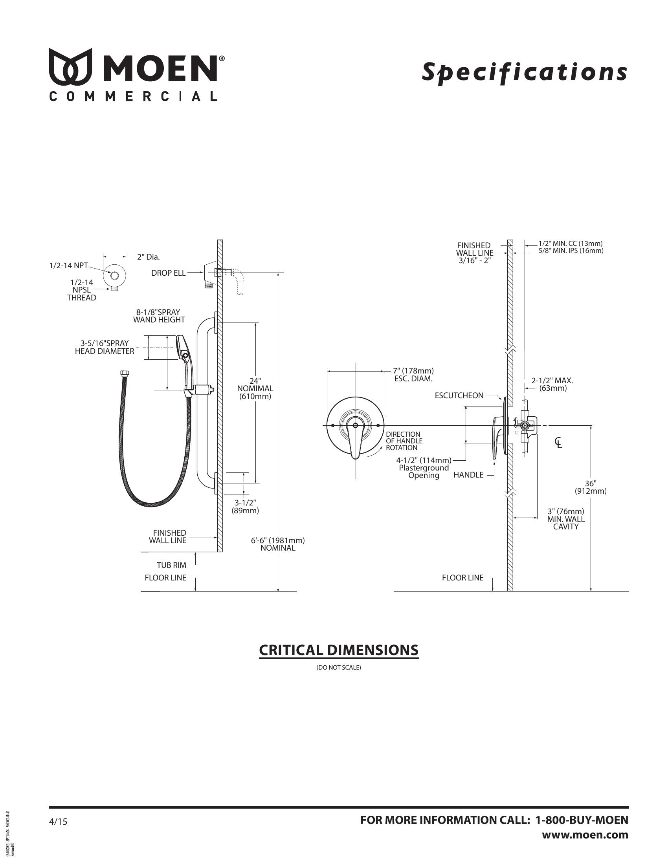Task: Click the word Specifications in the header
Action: pos(524,72)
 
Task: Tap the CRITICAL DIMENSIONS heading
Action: pos(338,650)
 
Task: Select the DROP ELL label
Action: pos(168,273)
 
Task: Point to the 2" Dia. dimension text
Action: pos(149,257)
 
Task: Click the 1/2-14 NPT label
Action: pos(68,265)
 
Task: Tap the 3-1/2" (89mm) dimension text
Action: pos(245,506)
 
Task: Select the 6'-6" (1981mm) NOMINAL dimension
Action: pos(278,544)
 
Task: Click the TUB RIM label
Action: pos(171,565)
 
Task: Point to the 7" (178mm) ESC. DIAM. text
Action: pos(413,375)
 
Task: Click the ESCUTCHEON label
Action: pos(459,395)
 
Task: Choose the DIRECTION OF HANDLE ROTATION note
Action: pos(404,441)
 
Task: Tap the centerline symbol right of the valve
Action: pos(558,443)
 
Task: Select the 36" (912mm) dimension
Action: pos(591,487)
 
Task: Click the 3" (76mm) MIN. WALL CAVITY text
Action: pos(566,519)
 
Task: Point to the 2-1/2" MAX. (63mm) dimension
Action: pos(552,384)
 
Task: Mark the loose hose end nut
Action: pos(123,373)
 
